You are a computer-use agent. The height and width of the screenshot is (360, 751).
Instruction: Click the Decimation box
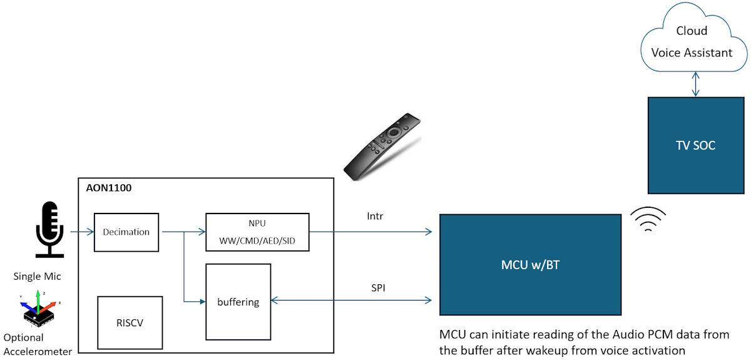(126, 232)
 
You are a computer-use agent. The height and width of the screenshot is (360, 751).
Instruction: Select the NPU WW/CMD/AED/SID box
(257, 233)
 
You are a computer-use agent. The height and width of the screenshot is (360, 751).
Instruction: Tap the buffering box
(238, 302)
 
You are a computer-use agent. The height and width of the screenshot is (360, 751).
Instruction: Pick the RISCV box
(130, 323)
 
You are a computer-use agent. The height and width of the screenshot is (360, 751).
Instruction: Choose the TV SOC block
(695, 145)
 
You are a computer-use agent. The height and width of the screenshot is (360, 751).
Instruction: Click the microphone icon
(49, 229)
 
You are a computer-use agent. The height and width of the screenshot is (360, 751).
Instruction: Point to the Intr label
(375, 217)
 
